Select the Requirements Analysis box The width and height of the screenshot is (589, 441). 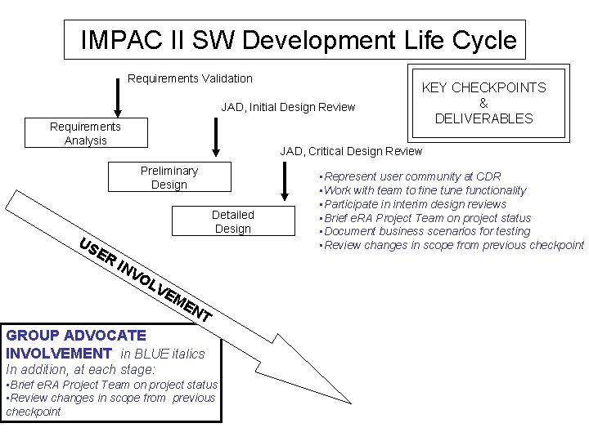[85, 133]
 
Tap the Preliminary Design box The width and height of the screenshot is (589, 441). [169, 177]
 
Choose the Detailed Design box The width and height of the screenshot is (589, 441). [232, 221]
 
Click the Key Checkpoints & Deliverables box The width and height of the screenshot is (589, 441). [483, 103]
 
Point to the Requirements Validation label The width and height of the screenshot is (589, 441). [191, 78]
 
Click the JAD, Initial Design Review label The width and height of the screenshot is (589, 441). [288, 107]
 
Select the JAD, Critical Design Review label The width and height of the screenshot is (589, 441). [351, 151]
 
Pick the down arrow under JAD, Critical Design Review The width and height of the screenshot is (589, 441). [284, 180]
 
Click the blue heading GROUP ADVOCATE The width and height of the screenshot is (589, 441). [76, 336]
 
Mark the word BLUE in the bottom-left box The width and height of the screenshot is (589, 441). [153, 354]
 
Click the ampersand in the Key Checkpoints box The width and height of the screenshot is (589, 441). [483, 103]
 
